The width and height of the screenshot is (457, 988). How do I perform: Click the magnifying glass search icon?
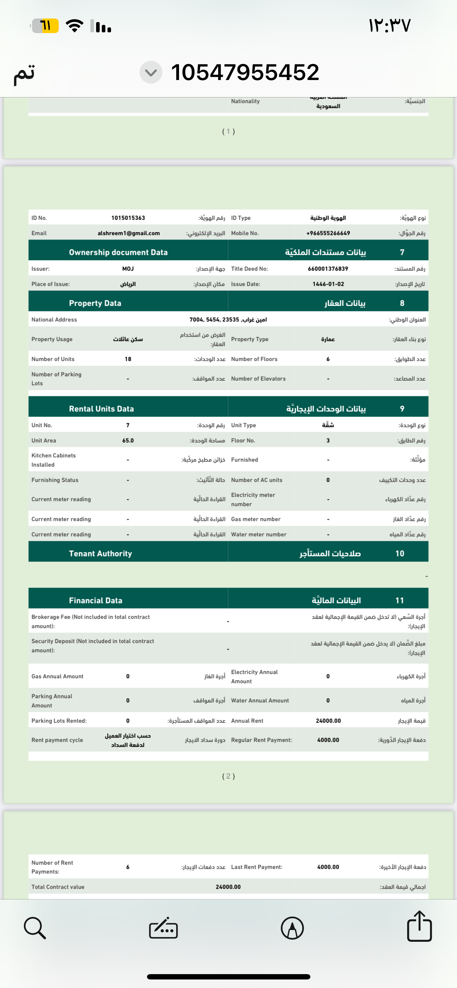[35, 928]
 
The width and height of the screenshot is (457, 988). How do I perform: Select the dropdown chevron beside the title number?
[151, 72]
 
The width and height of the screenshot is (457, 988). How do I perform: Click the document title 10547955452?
[245, 72]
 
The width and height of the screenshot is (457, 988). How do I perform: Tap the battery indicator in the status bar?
[45, 26]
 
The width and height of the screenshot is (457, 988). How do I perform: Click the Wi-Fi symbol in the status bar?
[74, 26]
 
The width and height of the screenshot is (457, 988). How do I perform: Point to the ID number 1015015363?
[128, 218]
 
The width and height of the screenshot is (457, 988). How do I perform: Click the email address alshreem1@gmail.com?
[128, 233]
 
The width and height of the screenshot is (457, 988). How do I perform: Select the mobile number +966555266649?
[328, 233]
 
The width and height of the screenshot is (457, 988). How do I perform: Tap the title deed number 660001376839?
[328, 269]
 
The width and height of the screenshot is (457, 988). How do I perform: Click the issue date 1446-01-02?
[328, 284]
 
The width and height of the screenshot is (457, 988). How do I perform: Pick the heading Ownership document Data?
[118, 253]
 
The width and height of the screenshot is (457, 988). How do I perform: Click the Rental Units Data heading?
[101, 409]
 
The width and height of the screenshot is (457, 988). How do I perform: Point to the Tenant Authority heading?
[100, 553]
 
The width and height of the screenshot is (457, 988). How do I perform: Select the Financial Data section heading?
[95, 601]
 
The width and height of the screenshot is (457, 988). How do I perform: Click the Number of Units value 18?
[128, 359]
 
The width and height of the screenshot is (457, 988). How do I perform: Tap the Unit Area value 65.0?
[128, 441]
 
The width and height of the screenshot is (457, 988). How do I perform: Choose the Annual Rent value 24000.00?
[328, 721]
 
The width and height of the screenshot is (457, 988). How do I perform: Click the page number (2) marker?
[228, 776]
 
